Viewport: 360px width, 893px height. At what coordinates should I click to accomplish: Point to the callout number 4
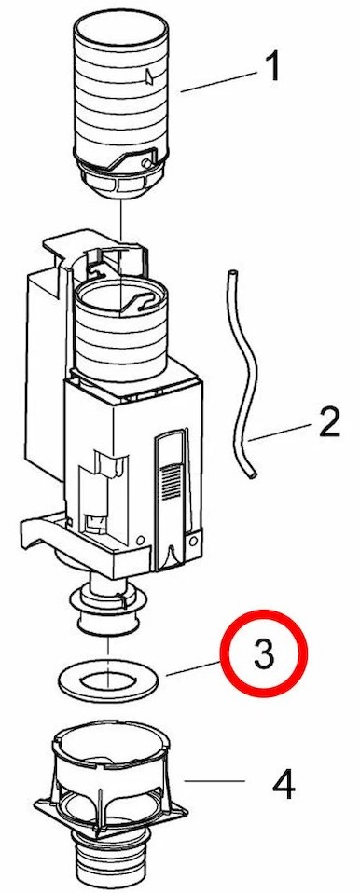[284, 784]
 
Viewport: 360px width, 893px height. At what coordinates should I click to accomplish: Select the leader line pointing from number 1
[217, 81]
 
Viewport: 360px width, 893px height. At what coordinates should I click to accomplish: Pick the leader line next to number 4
[215, 781]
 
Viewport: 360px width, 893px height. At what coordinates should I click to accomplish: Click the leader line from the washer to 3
[193, 668]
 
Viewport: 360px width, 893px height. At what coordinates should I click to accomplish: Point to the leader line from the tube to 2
[280, 432]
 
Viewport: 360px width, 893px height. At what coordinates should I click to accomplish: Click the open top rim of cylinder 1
[120, 21]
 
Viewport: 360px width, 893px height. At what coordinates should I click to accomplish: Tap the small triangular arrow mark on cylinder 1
[149, 76]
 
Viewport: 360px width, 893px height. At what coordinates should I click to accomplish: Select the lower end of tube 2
[253, 474]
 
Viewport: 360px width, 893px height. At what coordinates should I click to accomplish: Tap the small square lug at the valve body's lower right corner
[195, 538]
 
